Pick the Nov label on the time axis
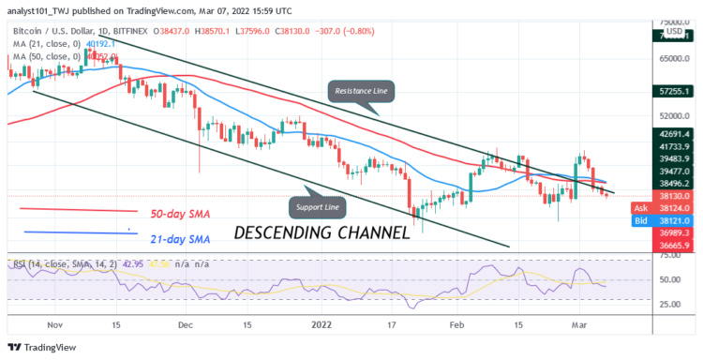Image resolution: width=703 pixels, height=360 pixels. click(54, 324)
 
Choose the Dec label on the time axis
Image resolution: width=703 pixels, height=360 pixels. click(185, 324)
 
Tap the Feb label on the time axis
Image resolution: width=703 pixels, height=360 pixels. click(457, 324)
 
